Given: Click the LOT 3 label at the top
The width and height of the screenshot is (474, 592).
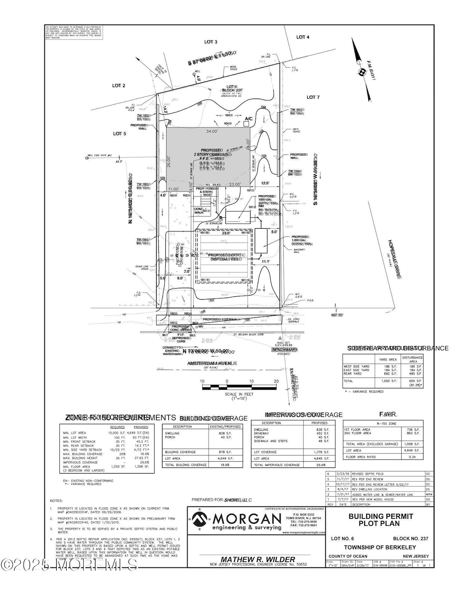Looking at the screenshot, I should tap(211, 42).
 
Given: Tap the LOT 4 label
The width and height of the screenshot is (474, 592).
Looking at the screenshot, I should tap(302, 37).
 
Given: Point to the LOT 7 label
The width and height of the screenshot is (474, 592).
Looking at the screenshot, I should tap(313, 97).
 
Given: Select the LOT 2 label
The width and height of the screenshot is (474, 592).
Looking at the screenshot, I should tap(118, 86).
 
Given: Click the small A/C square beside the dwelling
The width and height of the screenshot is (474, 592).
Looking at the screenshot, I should tap(246, 125).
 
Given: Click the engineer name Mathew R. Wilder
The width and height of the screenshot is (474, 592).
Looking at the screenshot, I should tap(258, 559).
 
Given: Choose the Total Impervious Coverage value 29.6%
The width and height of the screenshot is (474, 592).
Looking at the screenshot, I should tap(319, 465).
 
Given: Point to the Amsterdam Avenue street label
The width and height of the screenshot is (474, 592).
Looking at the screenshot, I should tap(212, 363).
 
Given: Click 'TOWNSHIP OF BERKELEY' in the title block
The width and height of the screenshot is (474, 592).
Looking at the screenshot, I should tap(380, 547).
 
